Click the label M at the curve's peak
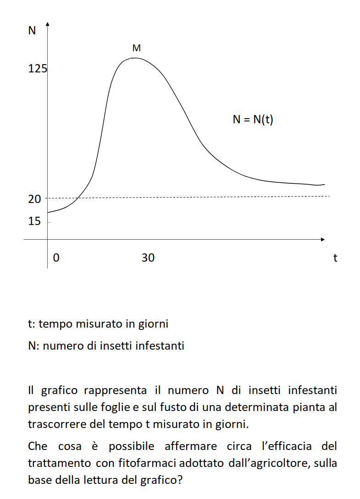tap(136, 48)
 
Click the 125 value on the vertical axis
tap(37, 69)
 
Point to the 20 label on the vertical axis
tap(35, 199)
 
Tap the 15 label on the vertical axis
tap(34, 221)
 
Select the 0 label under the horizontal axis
tap(56, 258)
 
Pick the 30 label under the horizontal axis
tap(148, 258)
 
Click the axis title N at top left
tap(32, 31)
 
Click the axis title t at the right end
tap(335, 258)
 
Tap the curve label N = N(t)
tap(253, 120)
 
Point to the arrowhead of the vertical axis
tap(48, 23)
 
